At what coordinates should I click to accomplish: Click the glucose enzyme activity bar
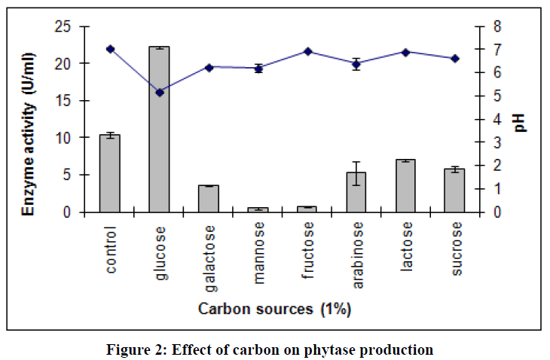(x=159, y=130)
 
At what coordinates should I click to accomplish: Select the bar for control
(x=110, y=174)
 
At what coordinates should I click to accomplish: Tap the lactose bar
(x=406, y=186)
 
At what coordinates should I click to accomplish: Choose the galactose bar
(x=209, y=199)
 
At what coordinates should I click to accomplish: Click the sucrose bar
(x=454, y=191)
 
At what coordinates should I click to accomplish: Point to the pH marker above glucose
(x=159, y=92)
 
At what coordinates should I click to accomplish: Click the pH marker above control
(x=110, y=49)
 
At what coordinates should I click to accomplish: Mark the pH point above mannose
(x=258, y=69)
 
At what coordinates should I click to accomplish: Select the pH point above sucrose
(x=455, y=59)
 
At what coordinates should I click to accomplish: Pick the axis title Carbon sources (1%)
(x=274, y=309)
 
